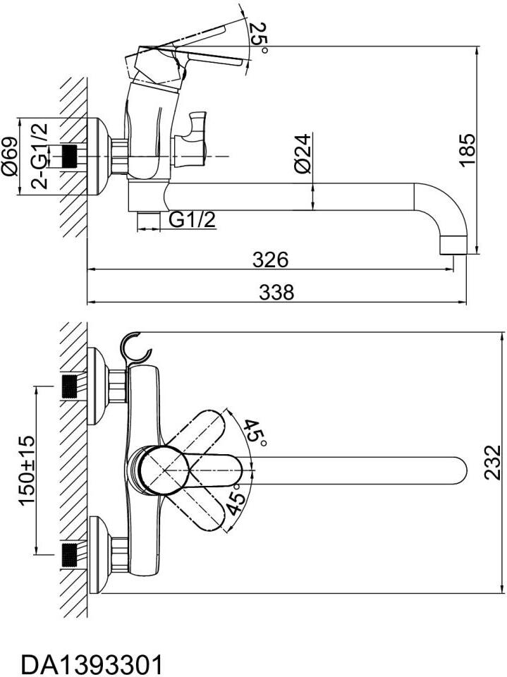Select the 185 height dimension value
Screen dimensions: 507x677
click(x=467, y=150)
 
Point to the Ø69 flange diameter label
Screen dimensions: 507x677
click(x=9, y=157)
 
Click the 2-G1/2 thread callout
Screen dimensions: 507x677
click(x=39, y=156)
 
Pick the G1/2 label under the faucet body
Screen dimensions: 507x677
click(x=192, y=220)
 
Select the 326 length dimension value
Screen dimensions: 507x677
click(x=270, y=260)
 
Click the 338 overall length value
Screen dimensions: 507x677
click(x=276, y=292)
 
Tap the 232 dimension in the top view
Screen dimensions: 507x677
click(x=492, y=463)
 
